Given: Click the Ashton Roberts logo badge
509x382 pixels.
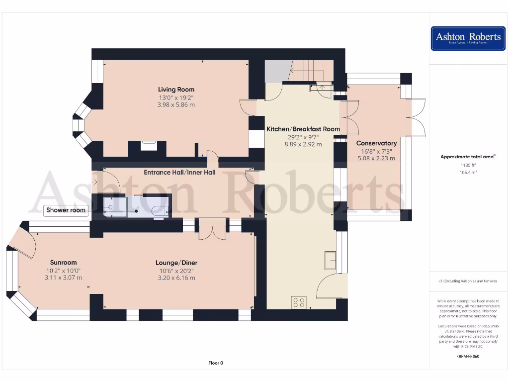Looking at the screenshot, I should pyautogui.click(x=468, y=38).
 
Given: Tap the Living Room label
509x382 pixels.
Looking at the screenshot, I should pyautogui.click(x=176, y=90).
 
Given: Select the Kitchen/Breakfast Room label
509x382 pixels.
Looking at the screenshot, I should pyautogui.click(x=303, y=129).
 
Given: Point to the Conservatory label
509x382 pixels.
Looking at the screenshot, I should pyautogui.click(x=376, y=143).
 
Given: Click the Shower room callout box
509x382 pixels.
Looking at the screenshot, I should pyautogui.click(x=66, y=210).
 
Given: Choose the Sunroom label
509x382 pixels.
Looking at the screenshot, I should pyautogui.click(x=64, y=263).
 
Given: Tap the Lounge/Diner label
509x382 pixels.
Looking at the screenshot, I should pyautogui.click(x=176, y=263).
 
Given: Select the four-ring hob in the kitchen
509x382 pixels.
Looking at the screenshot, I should pyautogui.click(x=299, y=302).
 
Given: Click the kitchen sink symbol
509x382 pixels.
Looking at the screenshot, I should pyautogui.click(x=329, y=260).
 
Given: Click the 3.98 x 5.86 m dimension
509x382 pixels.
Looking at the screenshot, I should pyautogui.click(x=176, y=105).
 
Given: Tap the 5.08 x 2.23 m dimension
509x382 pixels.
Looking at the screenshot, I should pyautogui.click(x=376, y=159).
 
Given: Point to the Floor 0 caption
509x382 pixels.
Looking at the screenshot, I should pyautogui.click(x=216, y=363).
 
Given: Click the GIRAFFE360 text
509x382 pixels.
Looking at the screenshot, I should pyautogui.click(x=468, y=356).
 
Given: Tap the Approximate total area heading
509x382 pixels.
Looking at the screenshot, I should pyautogui.click(x=468, y=157).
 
